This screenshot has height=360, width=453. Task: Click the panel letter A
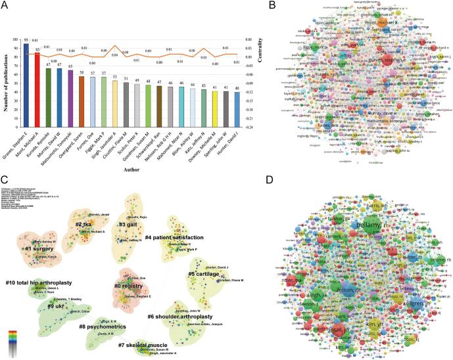[x=6, y=7]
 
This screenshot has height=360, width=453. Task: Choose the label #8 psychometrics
[x=104, y=326]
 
